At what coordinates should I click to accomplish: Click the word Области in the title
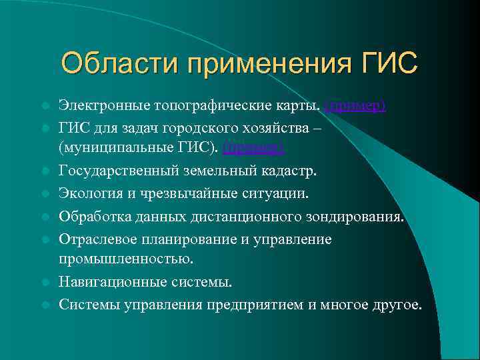point(119,64)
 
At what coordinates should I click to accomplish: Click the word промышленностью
point(126,259)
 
